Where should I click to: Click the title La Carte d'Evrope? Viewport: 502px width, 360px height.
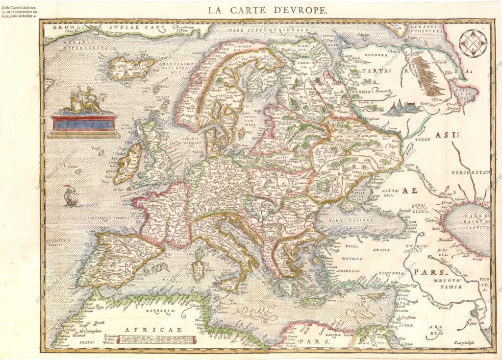tap(267, 9)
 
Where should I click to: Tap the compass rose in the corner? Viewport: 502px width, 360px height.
tap(474, 44)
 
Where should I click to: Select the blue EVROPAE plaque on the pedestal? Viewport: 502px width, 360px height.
tap(83, 124)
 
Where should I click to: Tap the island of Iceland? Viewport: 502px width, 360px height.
tap(130, 67)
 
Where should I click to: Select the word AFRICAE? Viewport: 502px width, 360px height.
tap(147, 330)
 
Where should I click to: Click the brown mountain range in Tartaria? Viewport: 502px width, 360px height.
tap(430, 78)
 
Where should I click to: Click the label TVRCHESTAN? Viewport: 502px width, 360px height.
tap(471, 172)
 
